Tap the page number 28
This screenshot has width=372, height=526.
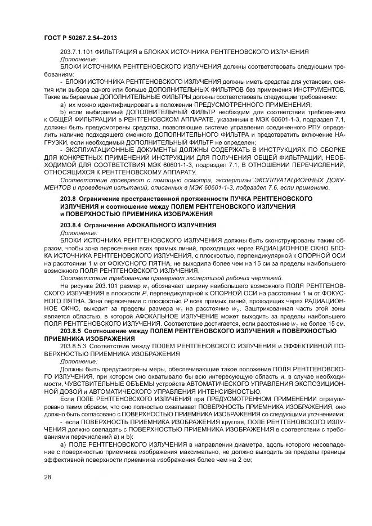tap(47, 478)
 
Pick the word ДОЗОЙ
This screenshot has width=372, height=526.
tap(59, 390)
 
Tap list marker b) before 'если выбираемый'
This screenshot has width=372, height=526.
tap(62, 113)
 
